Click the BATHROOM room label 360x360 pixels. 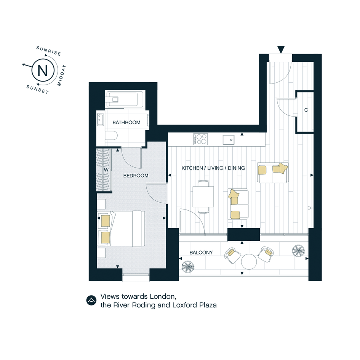[126, 122]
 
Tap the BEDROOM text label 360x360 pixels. [136, 176]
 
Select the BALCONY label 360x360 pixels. [201, 253]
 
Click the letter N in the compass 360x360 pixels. [42, 70]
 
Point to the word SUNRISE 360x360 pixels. [49, 51]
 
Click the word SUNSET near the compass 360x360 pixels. [38, 89]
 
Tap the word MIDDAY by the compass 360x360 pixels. [62, 75]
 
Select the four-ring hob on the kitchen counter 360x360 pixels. [200, 139]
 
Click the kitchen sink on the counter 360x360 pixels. [229, 139]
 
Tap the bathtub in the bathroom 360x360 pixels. [125, 99]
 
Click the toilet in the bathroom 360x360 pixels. [111, 136]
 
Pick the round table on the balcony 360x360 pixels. [249, 262]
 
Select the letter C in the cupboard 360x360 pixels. [306, 110]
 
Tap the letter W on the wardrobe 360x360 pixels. [106, 170]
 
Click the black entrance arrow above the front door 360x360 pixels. [281, 50]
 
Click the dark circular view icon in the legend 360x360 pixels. [91, 301]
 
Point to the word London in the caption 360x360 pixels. [163, 296]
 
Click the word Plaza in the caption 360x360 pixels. [208, 305]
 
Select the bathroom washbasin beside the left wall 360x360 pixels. [101, 119]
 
